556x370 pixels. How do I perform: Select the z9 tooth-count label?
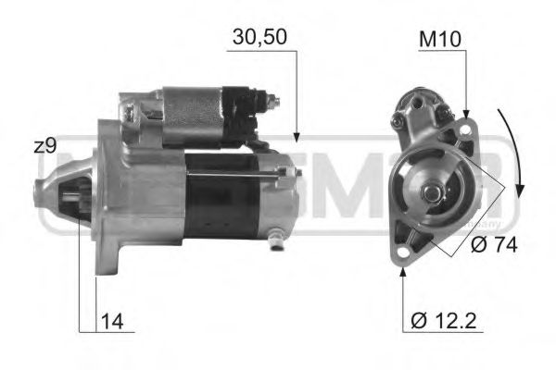pyautogui.click(x=44, y=145)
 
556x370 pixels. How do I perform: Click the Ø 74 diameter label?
pyautogui.click(x=489, y=246)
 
